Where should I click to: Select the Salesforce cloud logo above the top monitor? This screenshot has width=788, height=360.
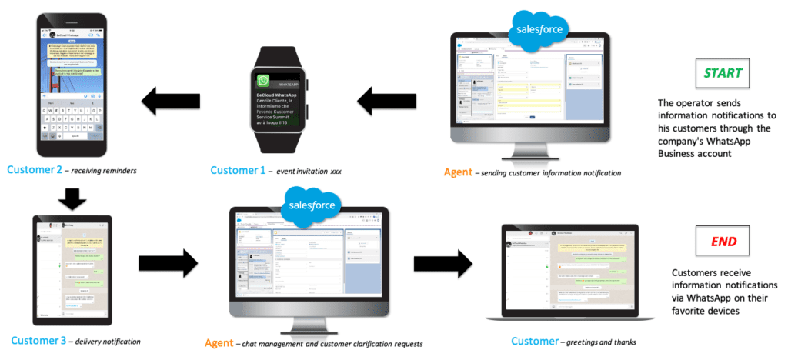click(x=538, y=31)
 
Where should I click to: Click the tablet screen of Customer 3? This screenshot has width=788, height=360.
click(x=72, y=266)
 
